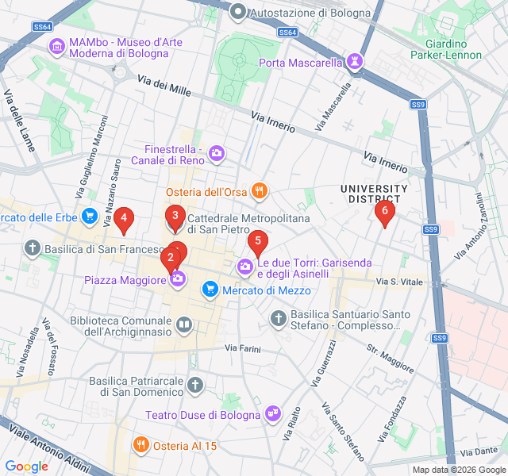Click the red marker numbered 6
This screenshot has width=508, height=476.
pyautogui.click(x=385, y=211)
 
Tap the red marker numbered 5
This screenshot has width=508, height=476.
pyautogui.click(x=257, y=240)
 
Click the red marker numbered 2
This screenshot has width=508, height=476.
pyautogui.click(x=170, y=258)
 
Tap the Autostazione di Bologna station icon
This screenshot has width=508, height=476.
pyautogui.click(x=237, y=13)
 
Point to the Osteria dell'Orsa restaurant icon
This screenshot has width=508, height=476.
pyautogui.click(x=258, y=191)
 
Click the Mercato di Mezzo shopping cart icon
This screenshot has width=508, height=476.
pyautogui.click(x=210, y=290)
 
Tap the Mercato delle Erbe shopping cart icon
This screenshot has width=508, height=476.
pyautogui.click(x=89, y=217)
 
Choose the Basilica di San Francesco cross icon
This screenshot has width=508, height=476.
pyautogui.click(x=33, y=249)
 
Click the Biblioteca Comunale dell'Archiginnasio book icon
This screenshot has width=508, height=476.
pyautogui.click(x=183, y=324)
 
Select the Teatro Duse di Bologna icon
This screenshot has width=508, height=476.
pyautogui.click(x=274, y=414)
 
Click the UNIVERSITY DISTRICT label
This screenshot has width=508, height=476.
pyautogui.click(x=373, y=194)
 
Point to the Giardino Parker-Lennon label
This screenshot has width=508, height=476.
pyautogui.click(x=446, y=48)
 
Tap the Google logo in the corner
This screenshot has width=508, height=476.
pyautogui.click(x=26, y=466)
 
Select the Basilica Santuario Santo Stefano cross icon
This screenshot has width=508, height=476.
pyautogui.click(x=278, y=319)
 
